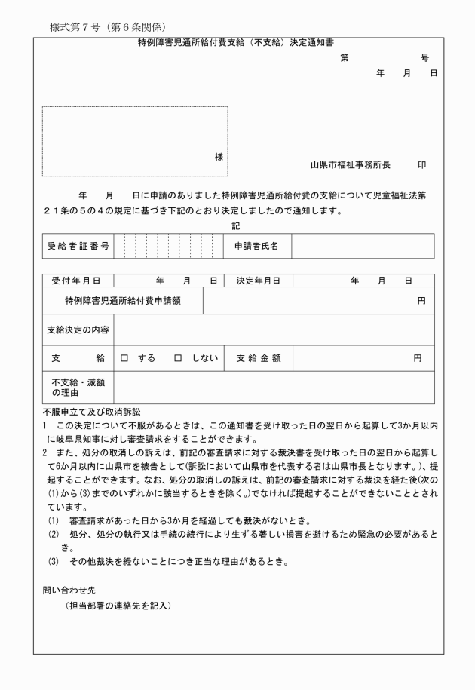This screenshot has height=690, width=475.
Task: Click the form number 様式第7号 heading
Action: (108, 28)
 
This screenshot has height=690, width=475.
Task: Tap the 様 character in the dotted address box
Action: (219, 157)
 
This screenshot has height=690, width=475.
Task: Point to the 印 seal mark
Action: (422, 164)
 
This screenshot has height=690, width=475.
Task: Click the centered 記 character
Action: (236, 225)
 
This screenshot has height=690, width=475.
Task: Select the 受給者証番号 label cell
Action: (78, 246)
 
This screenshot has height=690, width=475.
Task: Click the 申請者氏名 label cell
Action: (256, 246)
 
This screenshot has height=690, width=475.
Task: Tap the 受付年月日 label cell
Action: (77, 281)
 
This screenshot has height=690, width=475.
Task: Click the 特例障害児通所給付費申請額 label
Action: (123, 301)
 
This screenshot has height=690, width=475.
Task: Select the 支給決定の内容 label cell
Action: (78, 330)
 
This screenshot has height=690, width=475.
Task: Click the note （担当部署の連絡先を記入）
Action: (119, 605)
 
